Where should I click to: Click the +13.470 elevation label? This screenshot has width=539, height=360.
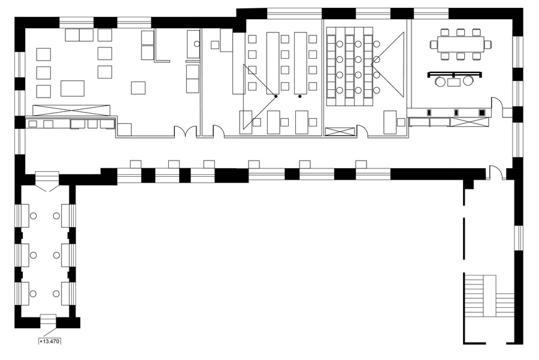point(50,341)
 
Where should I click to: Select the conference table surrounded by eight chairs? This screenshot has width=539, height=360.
point(461,44)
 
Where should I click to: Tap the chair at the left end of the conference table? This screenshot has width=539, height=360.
point(434,44)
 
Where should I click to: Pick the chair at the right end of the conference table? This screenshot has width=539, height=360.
point(487,44)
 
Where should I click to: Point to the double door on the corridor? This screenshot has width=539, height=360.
point(186,131)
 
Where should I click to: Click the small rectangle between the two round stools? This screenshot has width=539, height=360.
point(454,82)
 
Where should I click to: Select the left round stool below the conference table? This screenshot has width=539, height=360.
point(440,81)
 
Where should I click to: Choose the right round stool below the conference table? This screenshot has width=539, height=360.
point(468,81)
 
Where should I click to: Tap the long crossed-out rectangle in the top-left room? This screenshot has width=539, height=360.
point(71,110)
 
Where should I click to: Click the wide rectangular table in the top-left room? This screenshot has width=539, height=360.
point(72,89)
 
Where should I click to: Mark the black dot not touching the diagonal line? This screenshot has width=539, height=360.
point(300,96)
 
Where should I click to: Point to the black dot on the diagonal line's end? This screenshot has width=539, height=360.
point(275,96)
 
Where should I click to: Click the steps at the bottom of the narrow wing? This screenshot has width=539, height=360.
point(48,321)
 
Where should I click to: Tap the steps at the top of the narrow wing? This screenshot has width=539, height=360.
point(47,178)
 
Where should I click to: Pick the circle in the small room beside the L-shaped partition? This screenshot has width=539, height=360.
point(197,44)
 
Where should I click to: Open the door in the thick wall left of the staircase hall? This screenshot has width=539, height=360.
point(495,172)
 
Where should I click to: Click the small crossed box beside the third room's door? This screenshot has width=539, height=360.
point(340,132)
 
